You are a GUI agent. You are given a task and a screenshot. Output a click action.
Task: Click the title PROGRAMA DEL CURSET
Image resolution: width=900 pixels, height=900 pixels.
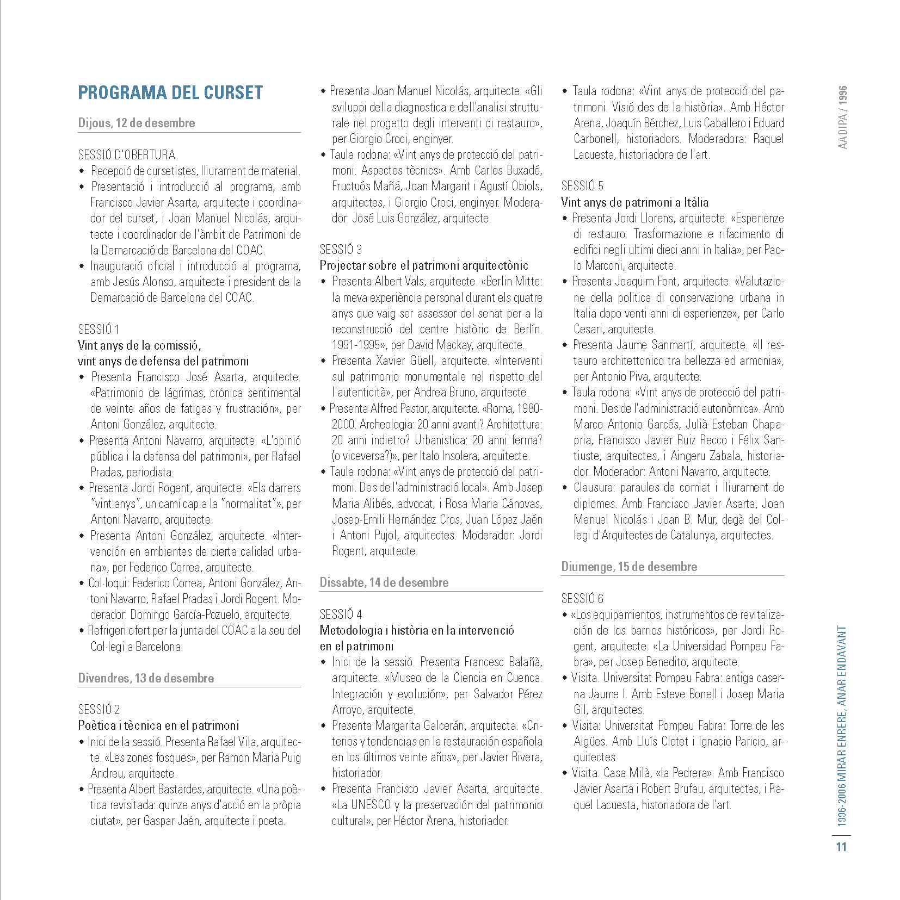pos(170,93)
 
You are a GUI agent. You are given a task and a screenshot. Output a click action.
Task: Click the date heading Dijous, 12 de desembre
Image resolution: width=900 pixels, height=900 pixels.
pos(136,123)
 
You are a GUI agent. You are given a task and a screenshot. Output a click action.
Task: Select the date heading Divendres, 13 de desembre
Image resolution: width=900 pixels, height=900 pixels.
pos(146,678)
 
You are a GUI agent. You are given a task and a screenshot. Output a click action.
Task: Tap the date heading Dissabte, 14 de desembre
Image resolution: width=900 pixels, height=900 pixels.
pos(384,582)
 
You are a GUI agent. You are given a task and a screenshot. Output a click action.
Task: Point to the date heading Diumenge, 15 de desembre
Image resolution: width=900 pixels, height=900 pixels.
pos(629,567)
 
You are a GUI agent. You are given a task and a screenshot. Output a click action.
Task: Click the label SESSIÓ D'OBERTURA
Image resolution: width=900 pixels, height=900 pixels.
pos(127,154)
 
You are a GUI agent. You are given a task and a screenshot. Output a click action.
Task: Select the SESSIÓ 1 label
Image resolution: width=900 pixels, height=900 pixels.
pos(98,330)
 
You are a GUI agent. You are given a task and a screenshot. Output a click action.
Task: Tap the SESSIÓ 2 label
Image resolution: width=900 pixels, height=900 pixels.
pos(99,710)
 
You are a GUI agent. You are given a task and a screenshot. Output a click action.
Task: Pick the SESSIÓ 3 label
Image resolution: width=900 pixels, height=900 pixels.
pos(341,250)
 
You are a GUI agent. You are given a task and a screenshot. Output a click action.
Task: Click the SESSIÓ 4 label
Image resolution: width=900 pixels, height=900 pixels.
pos(341,615)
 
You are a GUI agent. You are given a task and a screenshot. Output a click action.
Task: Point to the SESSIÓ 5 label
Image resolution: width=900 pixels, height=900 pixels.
pos(582,187)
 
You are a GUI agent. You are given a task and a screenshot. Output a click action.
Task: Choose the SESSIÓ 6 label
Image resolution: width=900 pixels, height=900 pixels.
pos(582,599)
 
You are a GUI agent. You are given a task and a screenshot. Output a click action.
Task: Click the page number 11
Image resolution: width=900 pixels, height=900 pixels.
pos(841,847)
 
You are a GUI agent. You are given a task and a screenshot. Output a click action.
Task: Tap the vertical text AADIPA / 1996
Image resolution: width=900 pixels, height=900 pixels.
pos(842,117)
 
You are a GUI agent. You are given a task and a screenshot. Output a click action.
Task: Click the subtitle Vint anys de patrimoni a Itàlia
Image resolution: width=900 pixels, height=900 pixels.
pos(634,203)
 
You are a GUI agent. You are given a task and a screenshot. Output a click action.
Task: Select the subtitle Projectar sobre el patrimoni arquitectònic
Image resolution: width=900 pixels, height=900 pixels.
pos(424,266)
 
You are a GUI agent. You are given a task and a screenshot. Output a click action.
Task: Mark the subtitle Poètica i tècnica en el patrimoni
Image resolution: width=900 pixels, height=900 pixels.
pos(158,725)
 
